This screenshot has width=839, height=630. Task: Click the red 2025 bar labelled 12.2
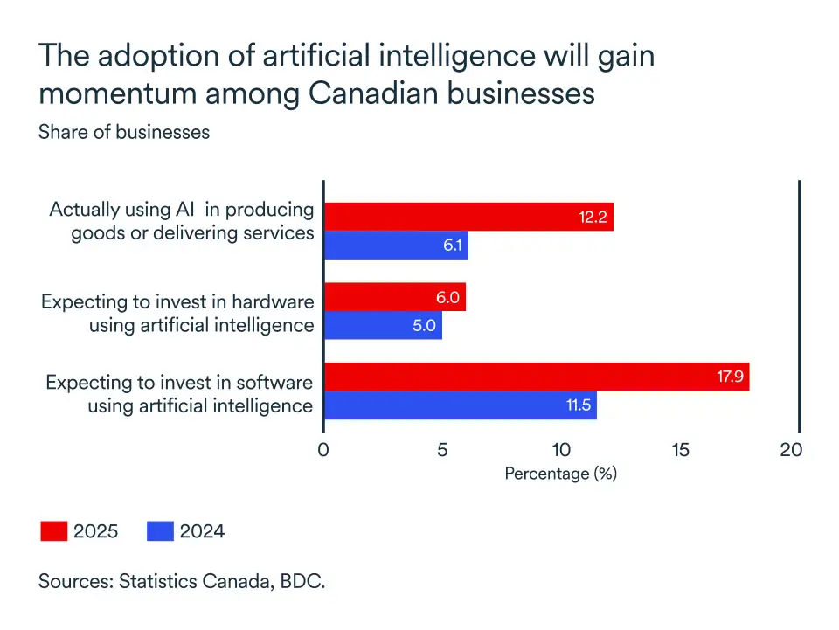tap(468, 217)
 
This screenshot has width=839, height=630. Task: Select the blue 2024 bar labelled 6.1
tap(396, 246)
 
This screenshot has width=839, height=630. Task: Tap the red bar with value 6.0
tap(394, 297)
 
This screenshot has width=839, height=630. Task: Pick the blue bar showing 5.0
tap(383, 326)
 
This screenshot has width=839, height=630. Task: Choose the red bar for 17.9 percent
tap(537, 377)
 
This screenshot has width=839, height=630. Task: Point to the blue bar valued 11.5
tap(461, 405)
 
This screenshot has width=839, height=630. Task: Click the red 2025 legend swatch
tap(53, 531)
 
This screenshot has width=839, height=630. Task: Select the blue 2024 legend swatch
tap(160, 531)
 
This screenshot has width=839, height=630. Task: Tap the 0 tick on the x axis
tap(323, 450)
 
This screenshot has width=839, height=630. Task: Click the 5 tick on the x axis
tap(442, 450)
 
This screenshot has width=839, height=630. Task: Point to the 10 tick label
tap(561, 450)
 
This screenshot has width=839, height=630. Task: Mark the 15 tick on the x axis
tap(681, 450)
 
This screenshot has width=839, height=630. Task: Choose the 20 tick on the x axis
tap(791, 450)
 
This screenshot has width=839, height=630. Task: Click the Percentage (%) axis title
tap(560, 474)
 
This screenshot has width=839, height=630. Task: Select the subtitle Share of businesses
tap(124, 132)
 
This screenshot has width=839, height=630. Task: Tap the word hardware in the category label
tap(274, 301)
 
